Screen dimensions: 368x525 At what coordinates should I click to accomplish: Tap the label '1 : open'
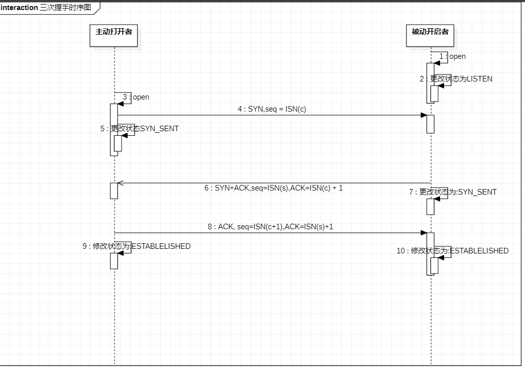pos(452,56)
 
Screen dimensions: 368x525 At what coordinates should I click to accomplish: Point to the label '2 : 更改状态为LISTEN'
pos(456,79)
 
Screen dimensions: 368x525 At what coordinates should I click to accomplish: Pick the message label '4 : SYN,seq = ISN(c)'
pos(272,109)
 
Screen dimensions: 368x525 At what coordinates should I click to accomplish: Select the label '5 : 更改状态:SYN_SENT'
pos(140,129)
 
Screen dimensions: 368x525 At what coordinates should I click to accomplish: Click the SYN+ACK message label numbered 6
pos(274,188)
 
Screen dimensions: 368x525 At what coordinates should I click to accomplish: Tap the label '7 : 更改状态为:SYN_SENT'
pos(453,192)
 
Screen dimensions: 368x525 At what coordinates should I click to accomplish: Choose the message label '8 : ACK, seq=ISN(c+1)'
pos(270,227)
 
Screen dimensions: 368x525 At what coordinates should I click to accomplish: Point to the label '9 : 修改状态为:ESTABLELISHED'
pos(137,246)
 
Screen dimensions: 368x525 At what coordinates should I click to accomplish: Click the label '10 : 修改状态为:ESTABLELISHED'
pos(453,251)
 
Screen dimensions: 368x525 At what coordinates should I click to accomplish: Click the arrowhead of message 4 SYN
pos(424,115)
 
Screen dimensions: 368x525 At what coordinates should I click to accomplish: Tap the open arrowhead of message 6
pos(120,183)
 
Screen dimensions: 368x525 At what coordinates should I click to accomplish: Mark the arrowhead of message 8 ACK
pos(424,233)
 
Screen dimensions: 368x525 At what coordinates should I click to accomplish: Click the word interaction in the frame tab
pos(19,8)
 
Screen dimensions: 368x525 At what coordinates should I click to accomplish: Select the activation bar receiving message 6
pos(114,191)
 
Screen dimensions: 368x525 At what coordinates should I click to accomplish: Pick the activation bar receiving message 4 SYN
pos(430,124)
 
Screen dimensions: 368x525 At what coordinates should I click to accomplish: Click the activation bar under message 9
pos(114,261)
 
